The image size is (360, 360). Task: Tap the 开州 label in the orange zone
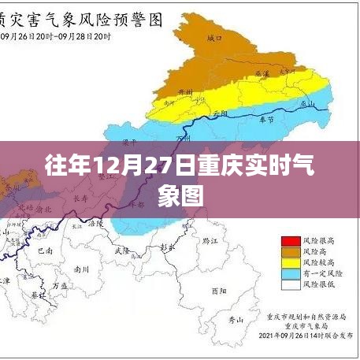tap(186, 93)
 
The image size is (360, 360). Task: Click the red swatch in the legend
tap(288, 239)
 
